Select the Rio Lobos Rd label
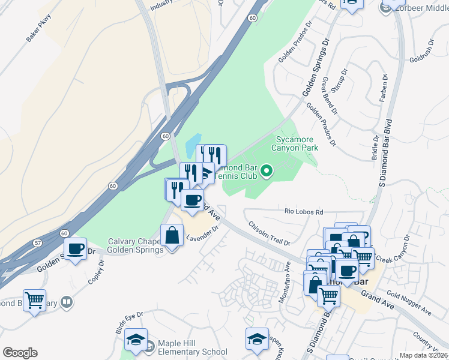click(304, 212)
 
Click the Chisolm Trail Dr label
click(270, 233)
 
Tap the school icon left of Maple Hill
click(136, 340)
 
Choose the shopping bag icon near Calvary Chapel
click(172, 235)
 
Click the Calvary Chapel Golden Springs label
click(134, 245)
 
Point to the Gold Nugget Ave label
click(409, 304)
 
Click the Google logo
click(20, 353)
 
